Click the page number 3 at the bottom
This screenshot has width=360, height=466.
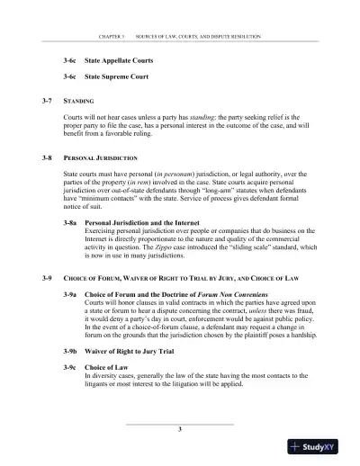[180, 430]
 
